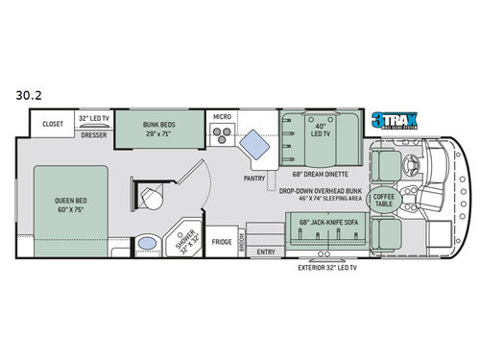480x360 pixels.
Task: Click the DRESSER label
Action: tap(94, 135)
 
